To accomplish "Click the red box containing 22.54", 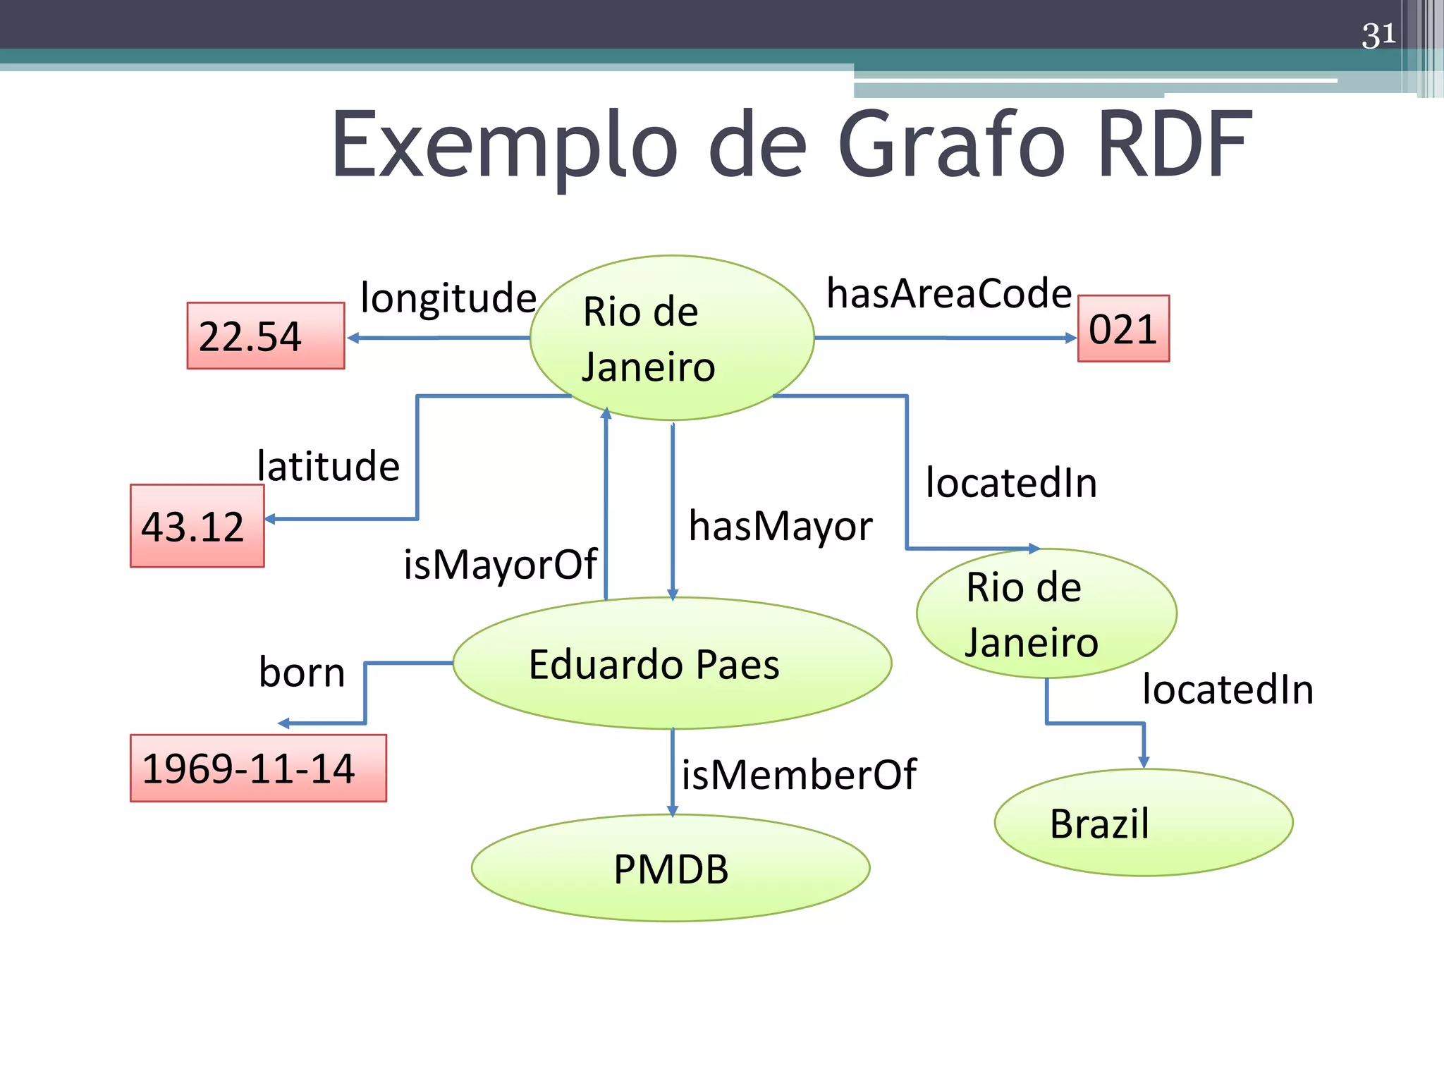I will (x=265, y=336).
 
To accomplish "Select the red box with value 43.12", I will (x=197, y=526).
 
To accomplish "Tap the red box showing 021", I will (x=1123, y=329).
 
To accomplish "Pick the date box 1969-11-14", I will (x=258, y=768).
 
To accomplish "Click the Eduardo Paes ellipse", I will (x=672, y=663).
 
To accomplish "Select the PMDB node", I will (x=671, y=868).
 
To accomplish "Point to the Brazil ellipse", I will (x=1143, y=823).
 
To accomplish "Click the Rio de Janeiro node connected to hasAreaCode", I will (x=672, y=338).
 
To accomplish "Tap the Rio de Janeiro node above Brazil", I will (x=1046, y=613).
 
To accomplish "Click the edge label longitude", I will (x=448, y=298).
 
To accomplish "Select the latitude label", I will (x=329, y=466).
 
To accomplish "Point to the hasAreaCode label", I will (x=949, y=293).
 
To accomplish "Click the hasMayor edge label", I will (x=781, y=526).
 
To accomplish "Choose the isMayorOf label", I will (x=500, y=564).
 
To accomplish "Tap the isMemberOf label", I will (x=799, y=775).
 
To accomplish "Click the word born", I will (x=302, y=672).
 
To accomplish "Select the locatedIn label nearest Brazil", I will (x=1228, y=689).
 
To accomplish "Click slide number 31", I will (x=1378, y=35).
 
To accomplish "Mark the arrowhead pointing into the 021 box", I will (x=1071, y=338).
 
